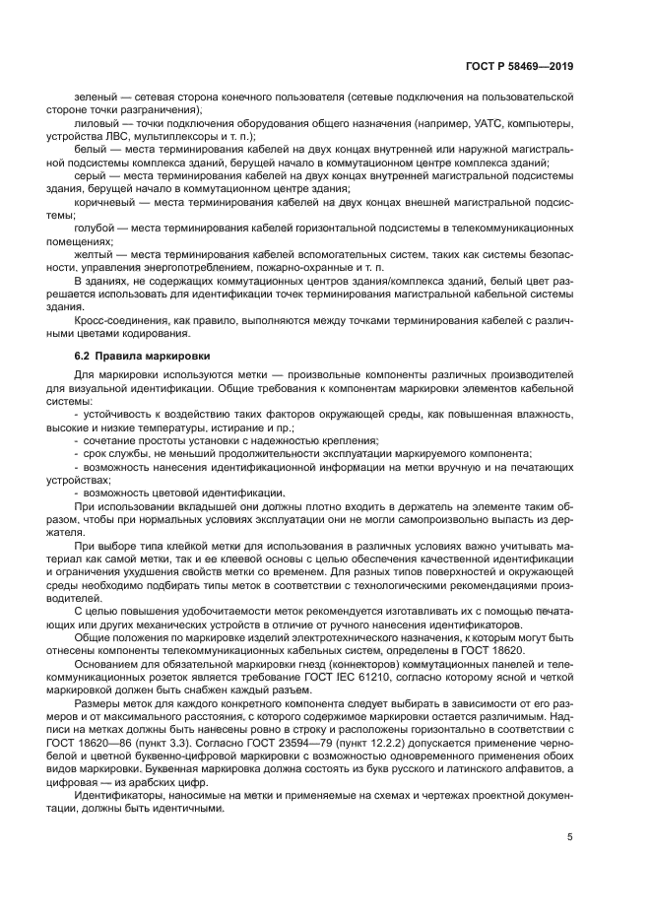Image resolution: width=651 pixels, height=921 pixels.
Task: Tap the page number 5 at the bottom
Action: pos(570,838)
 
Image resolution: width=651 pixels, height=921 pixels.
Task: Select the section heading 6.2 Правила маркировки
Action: pos(141,355)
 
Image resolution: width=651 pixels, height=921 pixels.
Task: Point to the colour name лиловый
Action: pos(93,123)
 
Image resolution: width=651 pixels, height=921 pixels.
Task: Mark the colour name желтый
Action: pos(93,255)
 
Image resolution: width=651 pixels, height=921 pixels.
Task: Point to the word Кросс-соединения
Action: pos(118,321)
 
